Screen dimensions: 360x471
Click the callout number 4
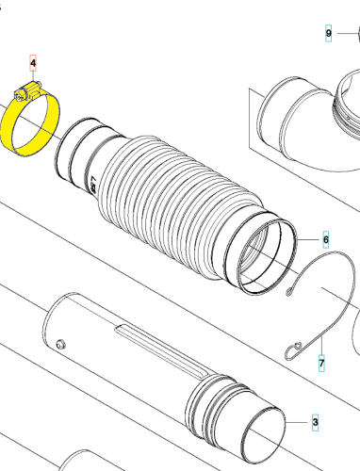[x=33, y=63]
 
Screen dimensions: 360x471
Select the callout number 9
[x=328, y=33]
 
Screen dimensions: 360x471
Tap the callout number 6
[x=326, y=239]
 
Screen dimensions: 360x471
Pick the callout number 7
[x=321, y=364]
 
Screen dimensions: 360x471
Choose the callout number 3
[x=315, y=422]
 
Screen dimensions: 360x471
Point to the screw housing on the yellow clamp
[x=27, y=90]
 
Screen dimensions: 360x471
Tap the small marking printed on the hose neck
[x=93, y=185]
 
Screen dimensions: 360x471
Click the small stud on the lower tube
[x=60, y=344]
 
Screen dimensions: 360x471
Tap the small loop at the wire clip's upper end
[x=289, y=292]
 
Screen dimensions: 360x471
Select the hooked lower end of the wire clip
[x=293, y=350]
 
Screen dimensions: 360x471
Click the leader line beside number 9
[x=345, y=33]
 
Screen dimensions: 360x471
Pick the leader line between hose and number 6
[x=308, y=239]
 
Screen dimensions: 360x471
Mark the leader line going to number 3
[x=298, y=422]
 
